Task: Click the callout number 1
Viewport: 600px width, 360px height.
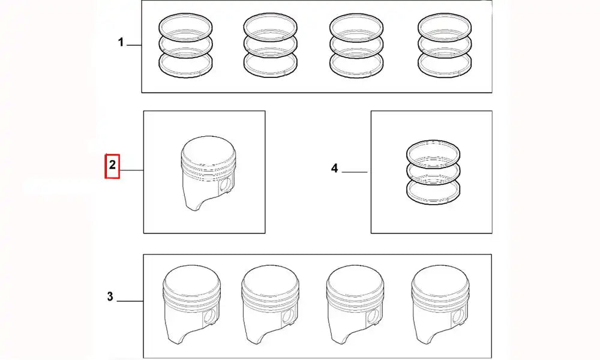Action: [x=121, y=43]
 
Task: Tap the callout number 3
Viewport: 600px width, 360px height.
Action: [x=110, y=296]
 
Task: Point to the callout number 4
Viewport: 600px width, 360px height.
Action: [x=334, y=169]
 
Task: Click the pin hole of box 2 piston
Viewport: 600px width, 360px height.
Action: [x=226, y=185]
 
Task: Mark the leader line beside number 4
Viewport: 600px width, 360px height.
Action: [x=355, y=172]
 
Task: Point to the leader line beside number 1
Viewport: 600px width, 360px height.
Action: [x=134, y=46]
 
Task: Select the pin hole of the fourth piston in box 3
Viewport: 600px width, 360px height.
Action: [x=461, y=315]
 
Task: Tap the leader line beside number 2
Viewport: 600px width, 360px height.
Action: [x=132, y=170]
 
